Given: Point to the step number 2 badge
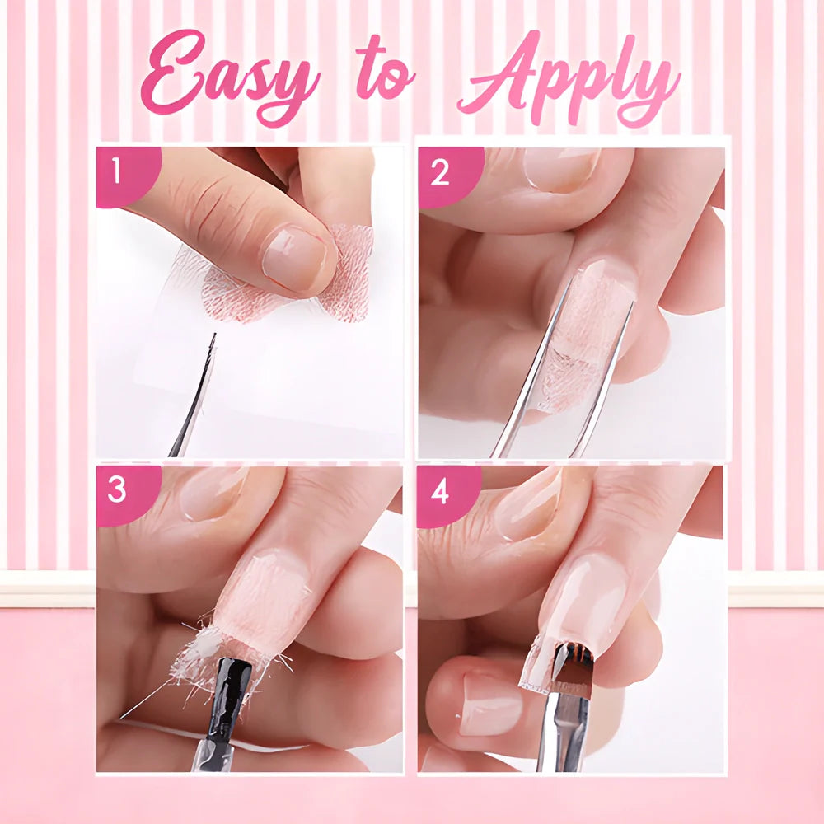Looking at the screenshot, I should [x=441, y=173].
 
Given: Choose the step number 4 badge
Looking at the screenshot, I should [x=440, y=492].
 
